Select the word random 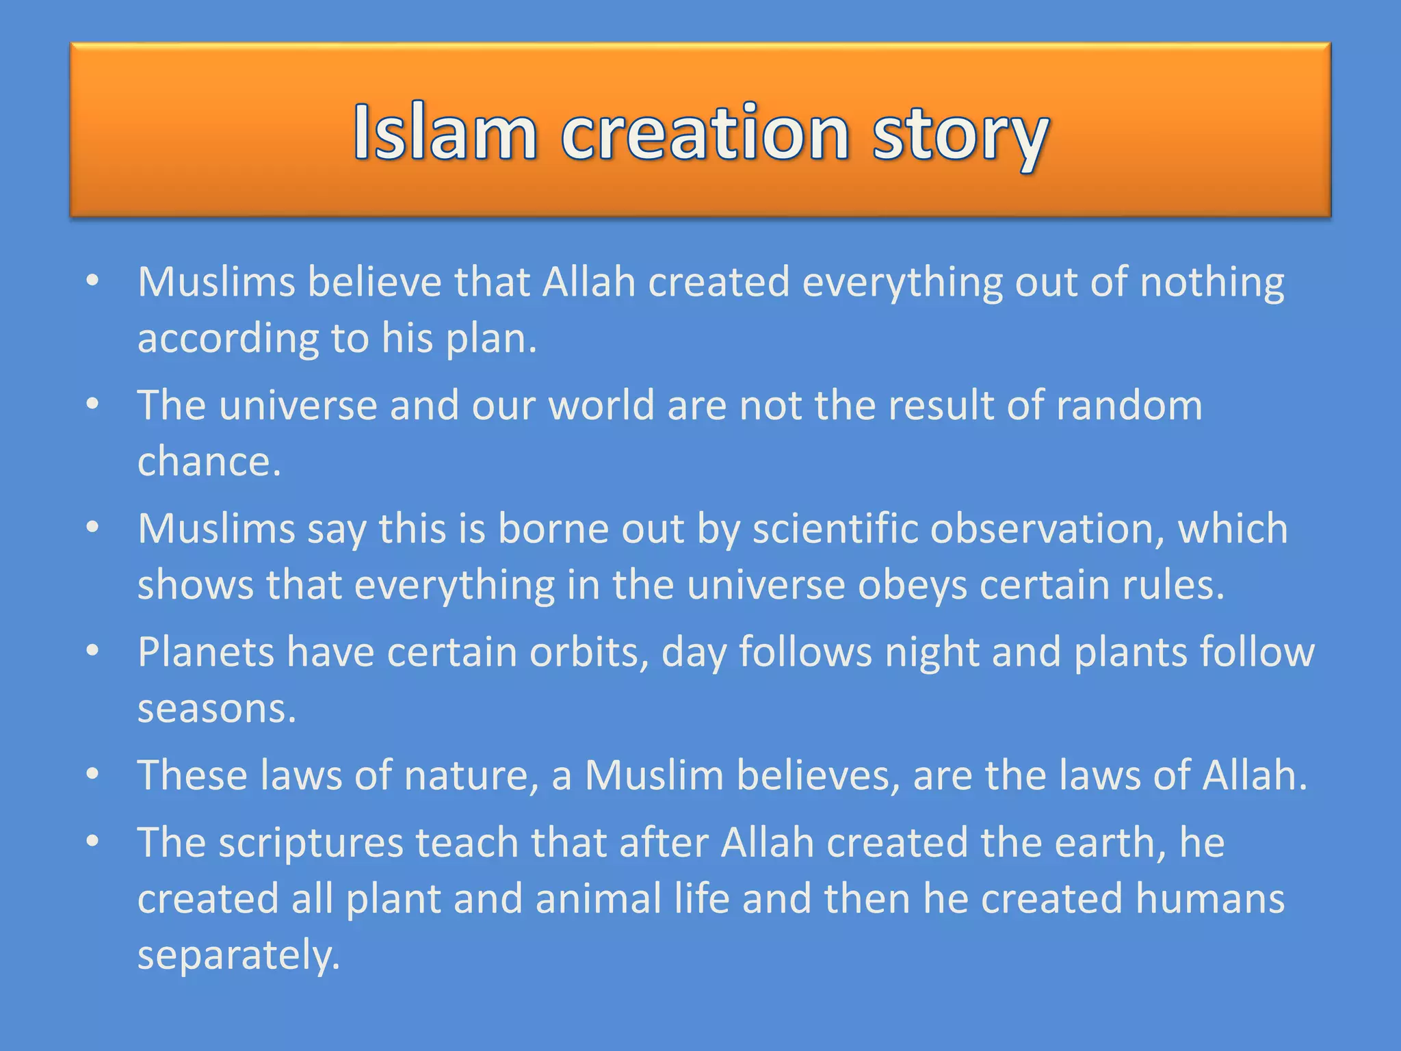(x=1129, y=405)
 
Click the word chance (x=209, y=461)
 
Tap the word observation (x=1047, y=528)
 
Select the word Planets (x=206, y=651)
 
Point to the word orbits (x=588, y=651)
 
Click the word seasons (x=216, y=708)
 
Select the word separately (x=238, y=955)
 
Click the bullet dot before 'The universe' (x=93, y=405)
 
